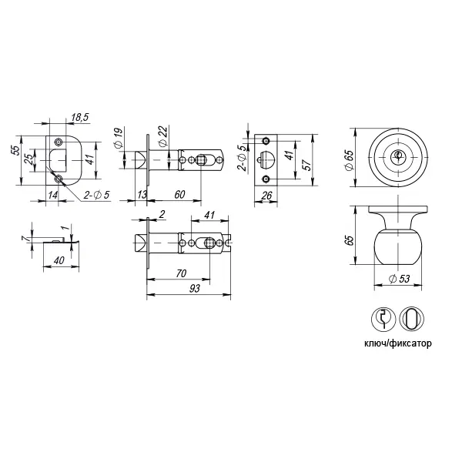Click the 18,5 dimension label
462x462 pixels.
[x=80, y=117]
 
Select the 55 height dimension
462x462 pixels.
[x=18, y=151]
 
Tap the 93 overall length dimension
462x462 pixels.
[x=195, y=289]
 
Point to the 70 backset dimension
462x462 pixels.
[x=182, y=273]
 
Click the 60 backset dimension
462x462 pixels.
[x=179, y=195]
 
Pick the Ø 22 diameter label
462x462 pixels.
[x=163, y=136]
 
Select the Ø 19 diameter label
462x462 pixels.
[x=118, y=138]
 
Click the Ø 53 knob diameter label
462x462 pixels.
[x=399, y=279]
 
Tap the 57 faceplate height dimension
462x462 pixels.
[x=306, y=166]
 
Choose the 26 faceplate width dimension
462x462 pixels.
[x=266, y=196]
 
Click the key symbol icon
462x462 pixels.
[x=383, y=319]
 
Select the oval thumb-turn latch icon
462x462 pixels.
[x=412, y=319]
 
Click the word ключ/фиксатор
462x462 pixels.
[x=398, y=343]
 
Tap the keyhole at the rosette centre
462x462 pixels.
[x=398, y=156]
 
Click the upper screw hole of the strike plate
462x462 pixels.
[x=59, y=142]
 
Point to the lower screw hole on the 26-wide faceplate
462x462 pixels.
[x=266, y=179]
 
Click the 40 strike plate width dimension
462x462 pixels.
[x=59, y=260]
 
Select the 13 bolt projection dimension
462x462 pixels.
[x=142, y=195]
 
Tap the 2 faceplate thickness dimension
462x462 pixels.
[x=162, y=214]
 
